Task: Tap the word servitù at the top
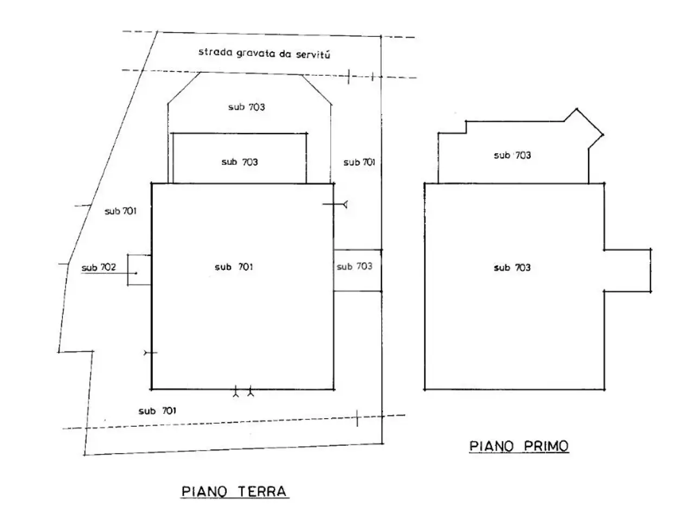click(x=313, y=55)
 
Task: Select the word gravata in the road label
click(x=256, y=54)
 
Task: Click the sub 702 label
click(x=99, y=268)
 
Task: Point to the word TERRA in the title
click(x=262, y=492)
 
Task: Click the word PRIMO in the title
click(x=546, y=446)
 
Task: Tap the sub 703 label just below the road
click(x=247, y=107)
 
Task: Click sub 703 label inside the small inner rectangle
click(x=240, y=162)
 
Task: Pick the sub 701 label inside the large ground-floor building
click(x=234, y=267)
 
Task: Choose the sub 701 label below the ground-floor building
click(x=157, y=411)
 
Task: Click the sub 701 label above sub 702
click(x=120, y=211)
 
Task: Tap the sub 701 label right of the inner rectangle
click(x=359, y=162)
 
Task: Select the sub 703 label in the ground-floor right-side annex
click(x=355, y=266)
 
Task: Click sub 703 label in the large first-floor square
click(x=512, y=268)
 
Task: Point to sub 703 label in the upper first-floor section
click(x=512, y=155)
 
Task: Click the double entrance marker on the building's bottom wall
click(x=243, y=392)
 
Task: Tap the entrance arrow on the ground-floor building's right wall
click(x=335, y=205)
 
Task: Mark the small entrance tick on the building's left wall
click(x=150, y=352)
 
